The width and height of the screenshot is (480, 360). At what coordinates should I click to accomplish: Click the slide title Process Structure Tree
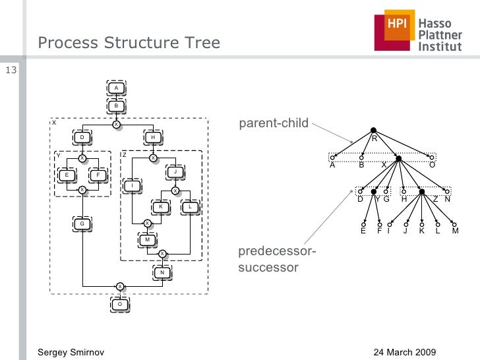click(129, 44)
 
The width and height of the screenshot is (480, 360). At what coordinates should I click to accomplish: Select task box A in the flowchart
click(116, 88)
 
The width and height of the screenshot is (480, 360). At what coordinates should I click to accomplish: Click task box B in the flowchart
click(116, 105)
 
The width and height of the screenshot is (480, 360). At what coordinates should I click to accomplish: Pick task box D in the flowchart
click(82, 138)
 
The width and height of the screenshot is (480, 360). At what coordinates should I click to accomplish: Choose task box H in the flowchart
click(153, 138)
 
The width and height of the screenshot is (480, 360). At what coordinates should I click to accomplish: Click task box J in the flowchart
click(175, 172)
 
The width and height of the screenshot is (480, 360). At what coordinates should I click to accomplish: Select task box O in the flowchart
click(119, 304)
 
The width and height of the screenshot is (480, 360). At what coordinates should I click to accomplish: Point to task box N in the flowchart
click(162, 272)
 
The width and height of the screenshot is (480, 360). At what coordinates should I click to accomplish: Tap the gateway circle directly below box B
click(116, 124)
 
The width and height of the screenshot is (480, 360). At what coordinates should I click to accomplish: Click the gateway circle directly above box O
click(119, 286)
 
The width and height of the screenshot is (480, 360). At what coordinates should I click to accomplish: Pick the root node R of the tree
click(373, 131)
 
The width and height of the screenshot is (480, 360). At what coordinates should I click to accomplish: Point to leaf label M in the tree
click(455, 231)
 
